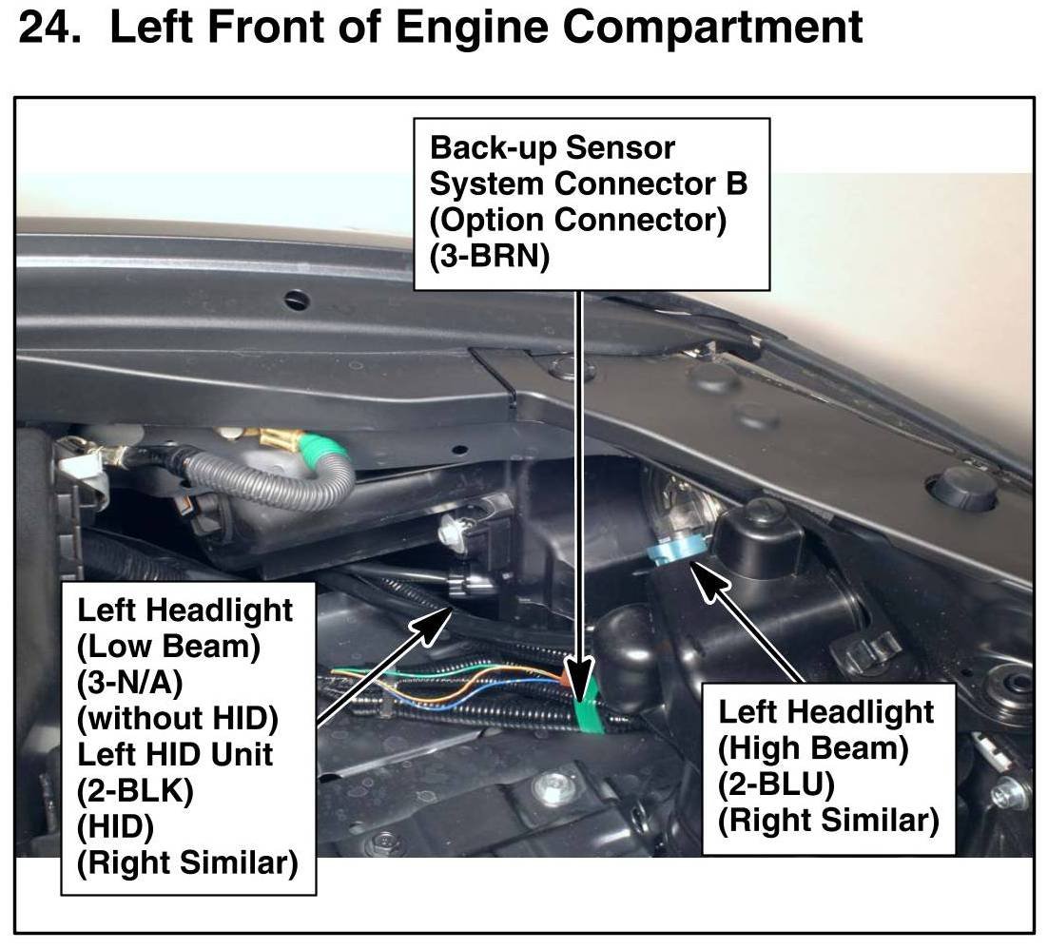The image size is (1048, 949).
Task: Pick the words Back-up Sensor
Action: point(553,148)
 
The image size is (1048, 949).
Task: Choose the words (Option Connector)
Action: point(578,221)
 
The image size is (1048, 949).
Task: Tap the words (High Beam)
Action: point(813,747)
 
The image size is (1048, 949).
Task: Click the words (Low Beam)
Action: point(168,646)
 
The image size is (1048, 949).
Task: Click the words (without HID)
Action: point(177,718)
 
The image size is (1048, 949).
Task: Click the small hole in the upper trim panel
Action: point(297,300)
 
